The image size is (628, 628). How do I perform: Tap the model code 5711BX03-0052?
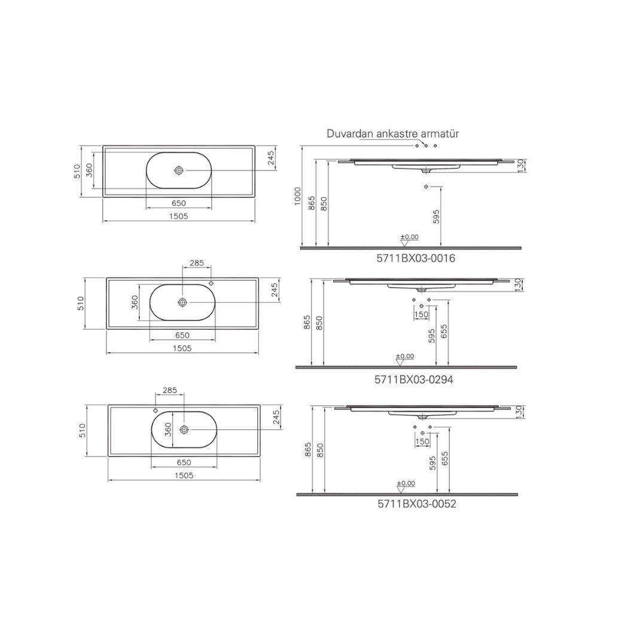[x=416, y=504]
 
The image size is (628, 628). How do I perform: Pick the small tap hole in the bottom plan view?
[x=156, y=411]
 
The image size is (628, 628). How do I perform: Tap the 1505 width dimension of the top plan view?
[x=178, y=216]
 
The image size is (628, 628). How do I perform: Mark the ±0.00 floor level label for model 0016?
[x=410, y=237]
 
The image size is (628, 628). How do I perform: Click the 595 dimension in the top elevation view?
[x=436, y=216]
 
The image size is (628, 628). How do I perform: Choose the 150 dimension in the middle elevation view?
[x=421, y=314]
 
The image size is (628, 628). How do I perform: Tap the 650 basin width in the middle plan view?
[x=182, y=335]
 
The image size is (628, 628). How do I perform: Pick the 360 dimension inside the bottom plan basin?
[x=168, y=429]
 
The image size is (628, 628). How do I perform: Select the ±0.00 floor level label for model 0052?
[x=406, y=483]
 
